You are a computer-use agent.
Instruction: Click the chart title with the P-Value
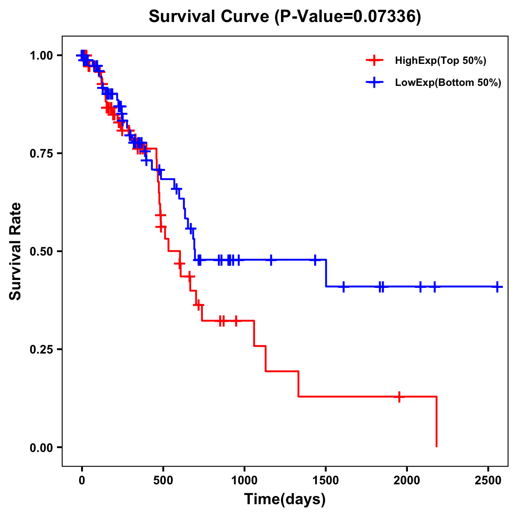(284, 16)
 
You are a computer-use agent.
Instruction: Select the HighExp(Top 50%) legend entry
(440, 61)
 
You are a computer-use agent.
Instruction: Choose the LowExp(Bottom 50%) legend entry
(448, 83)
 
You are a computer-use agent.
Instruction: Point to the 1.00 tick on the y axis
(41, 56)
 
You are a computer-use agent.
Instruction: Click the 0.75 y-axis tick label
(41, 153)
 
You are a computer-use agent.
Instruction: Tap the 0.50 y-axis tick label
(41, 251)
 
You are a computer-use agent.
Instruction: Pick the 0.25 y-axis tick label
(41, 349)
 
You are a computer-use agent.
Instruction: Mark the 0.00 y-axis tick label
(41, 447)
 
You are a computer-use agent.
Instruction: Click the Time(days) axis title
(285, 499)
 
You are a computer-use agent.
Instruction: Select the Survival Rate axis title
(16, 251)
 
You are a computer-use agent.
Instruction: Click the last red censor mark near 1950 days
(399, 396)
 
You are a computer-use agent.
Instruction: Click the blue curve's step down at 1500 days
(326, 273)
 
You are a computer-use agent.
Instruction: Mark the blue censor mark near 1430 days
(315, 260)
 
